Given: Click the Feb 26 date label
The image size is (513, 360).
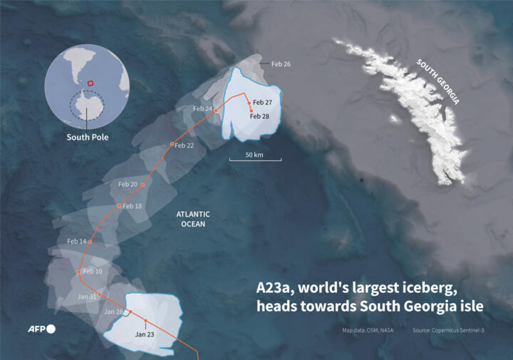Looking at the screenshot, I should click(281, 63).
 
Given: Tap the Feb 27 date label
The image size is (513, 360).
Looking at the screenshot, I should click(262, 103).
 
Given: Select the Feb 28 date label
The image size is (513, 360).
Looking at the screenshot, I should click(259, 116).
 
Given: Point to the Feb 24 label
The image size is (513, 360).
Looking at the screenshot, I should click(202, 108).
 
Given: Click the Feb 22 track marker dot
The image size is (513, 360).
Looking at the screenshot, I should click(172, 145).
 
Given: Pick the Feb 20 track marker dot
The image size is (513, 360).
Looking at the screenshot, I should click(142, 185).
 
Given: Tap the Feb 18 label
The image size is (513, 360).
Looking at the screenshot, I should click(133, 206).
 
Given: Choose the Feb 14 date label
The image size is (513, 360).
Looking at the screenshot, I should click(77, 242).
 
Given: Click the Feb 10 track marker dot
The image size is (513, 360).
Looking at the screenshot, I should click(79, 272).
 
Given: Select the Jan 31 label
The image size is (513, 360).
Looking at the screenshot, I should click(87, 297).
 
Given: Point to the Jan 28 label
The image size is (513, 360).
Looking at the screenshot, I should click(114, 312).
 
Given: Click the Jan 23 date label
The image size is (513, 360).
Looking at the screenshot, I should click(145, 334).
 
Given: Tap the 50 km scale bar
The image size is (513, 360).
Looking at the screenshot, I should click(254, 158).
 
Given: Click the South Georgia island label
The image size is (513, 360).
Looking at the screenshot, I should click(438, 82).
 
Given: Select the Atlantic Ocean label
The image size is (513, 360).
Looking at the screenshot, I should click(193, 219).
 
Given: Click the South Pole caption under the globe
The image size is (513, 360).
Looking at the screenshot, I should click(88, 137).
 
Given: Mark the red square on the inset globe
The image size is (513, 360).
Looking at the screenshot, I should click(90, 83).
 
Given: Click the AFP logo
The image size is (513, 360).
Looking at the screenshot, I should click(41, 329).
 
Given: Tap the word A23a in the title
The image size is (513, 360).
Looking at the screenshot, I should click(275, 289).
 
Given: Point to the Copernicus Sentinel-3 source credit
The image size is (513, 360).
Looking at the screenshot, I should click(448, 330).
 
